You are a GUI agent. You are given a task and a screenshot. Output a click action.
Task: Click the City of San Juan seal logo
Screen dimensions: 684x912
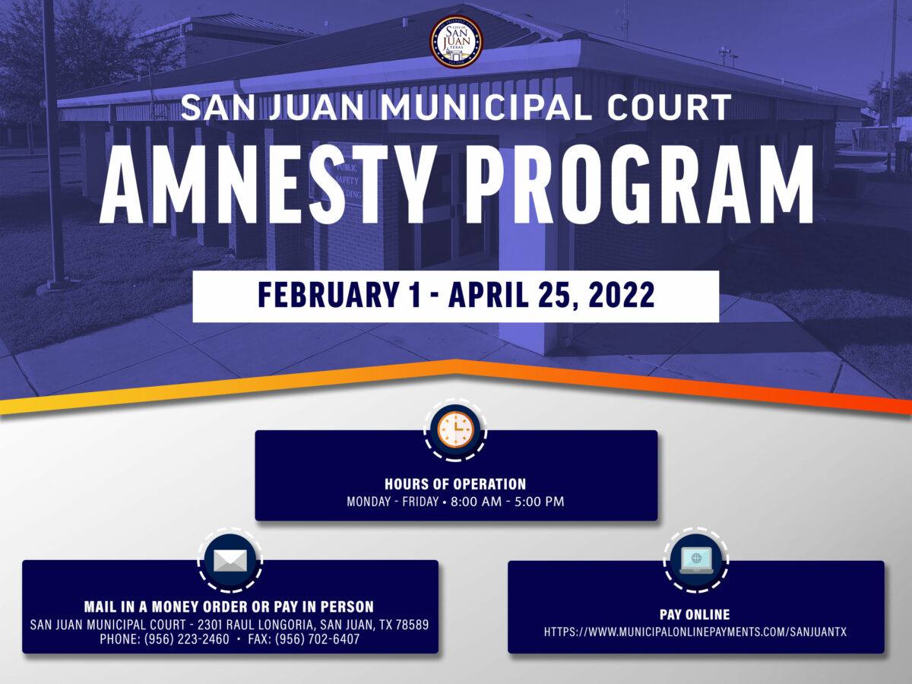pos(456,41)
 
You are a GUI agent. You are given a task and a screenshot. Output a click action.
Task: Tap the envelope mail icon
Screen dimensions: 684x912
pos(230,561)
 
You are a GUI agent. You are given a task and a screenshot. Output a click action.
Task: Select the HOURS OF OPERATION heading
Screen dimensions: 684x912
pos(455,484)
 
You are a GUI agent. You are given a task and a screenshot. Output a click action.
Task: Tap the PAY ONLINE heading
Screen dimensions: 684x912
pos(695,614)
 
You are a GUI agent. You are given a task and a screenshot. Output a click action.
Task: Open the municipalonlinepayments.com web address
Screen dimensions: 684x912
pos(695,632)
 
